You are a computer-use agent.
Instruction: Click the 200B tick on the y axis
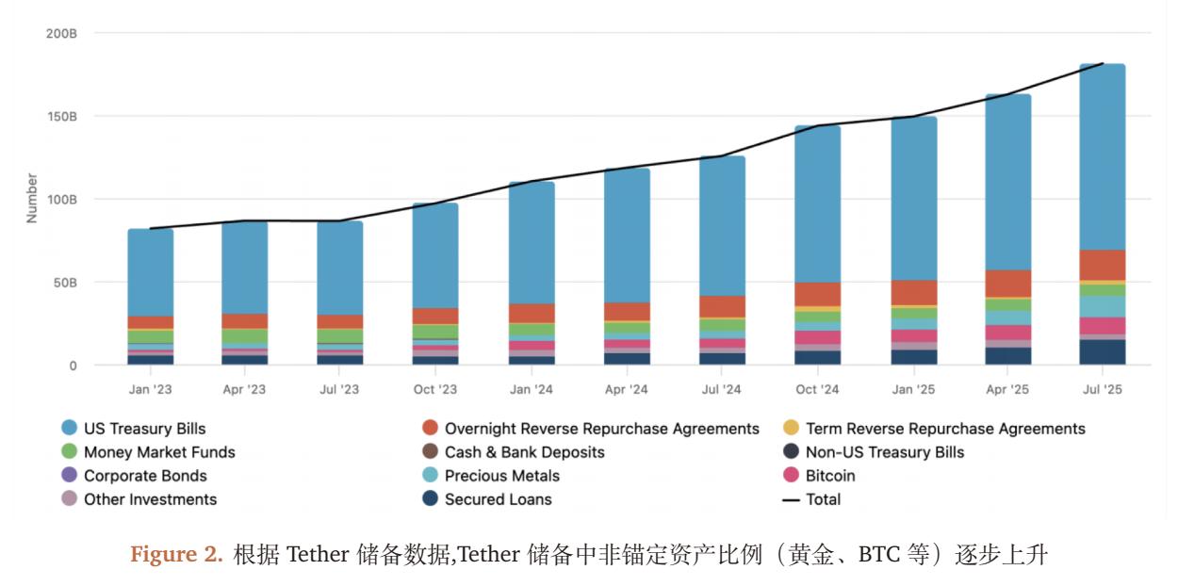click(x=61, y=34)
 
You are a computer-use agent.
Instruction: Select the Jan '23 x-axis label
click(x=150, y=389)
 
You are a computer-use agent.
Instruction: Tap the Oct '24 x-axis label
click(x=817, y=389)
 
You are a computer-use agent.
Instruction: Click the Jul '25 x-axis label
click(x=1102, y=389)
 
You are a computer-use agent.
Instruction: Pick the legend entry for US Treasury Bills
click(x=144, y=429)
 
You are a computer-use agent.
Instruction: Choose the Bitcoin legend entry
click(x=829, y=476)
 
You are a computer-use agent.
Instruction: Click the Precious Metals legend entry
click(x=501, y=476)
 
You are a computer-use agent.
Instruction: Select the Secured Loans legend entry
click(x=498, y=499)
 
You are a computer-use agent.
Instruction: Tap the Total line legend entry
click(x=823, y=499)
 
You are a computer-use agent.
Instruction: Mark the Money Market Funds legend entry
click(x=159, y=452)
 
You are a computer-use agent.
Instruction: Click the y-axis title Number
click(x=32, y=198)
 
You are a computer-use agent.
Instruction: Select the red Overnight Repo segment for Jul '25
click(x=1102, y=265)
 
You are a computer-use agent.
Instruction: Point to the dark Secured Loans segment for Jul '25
click(x=1102, y=352)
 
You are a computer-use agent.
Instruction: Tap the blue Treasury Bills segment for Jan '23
click(x=150, y=272)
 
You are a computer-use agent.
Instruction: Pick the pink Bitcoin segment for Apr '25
click(x=1007, y=333)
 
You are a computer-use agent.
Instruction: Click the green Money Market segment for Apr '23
click(x=244, y=335)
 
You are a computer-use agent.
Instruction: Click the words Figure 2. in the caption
click(x=176, y=555)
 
